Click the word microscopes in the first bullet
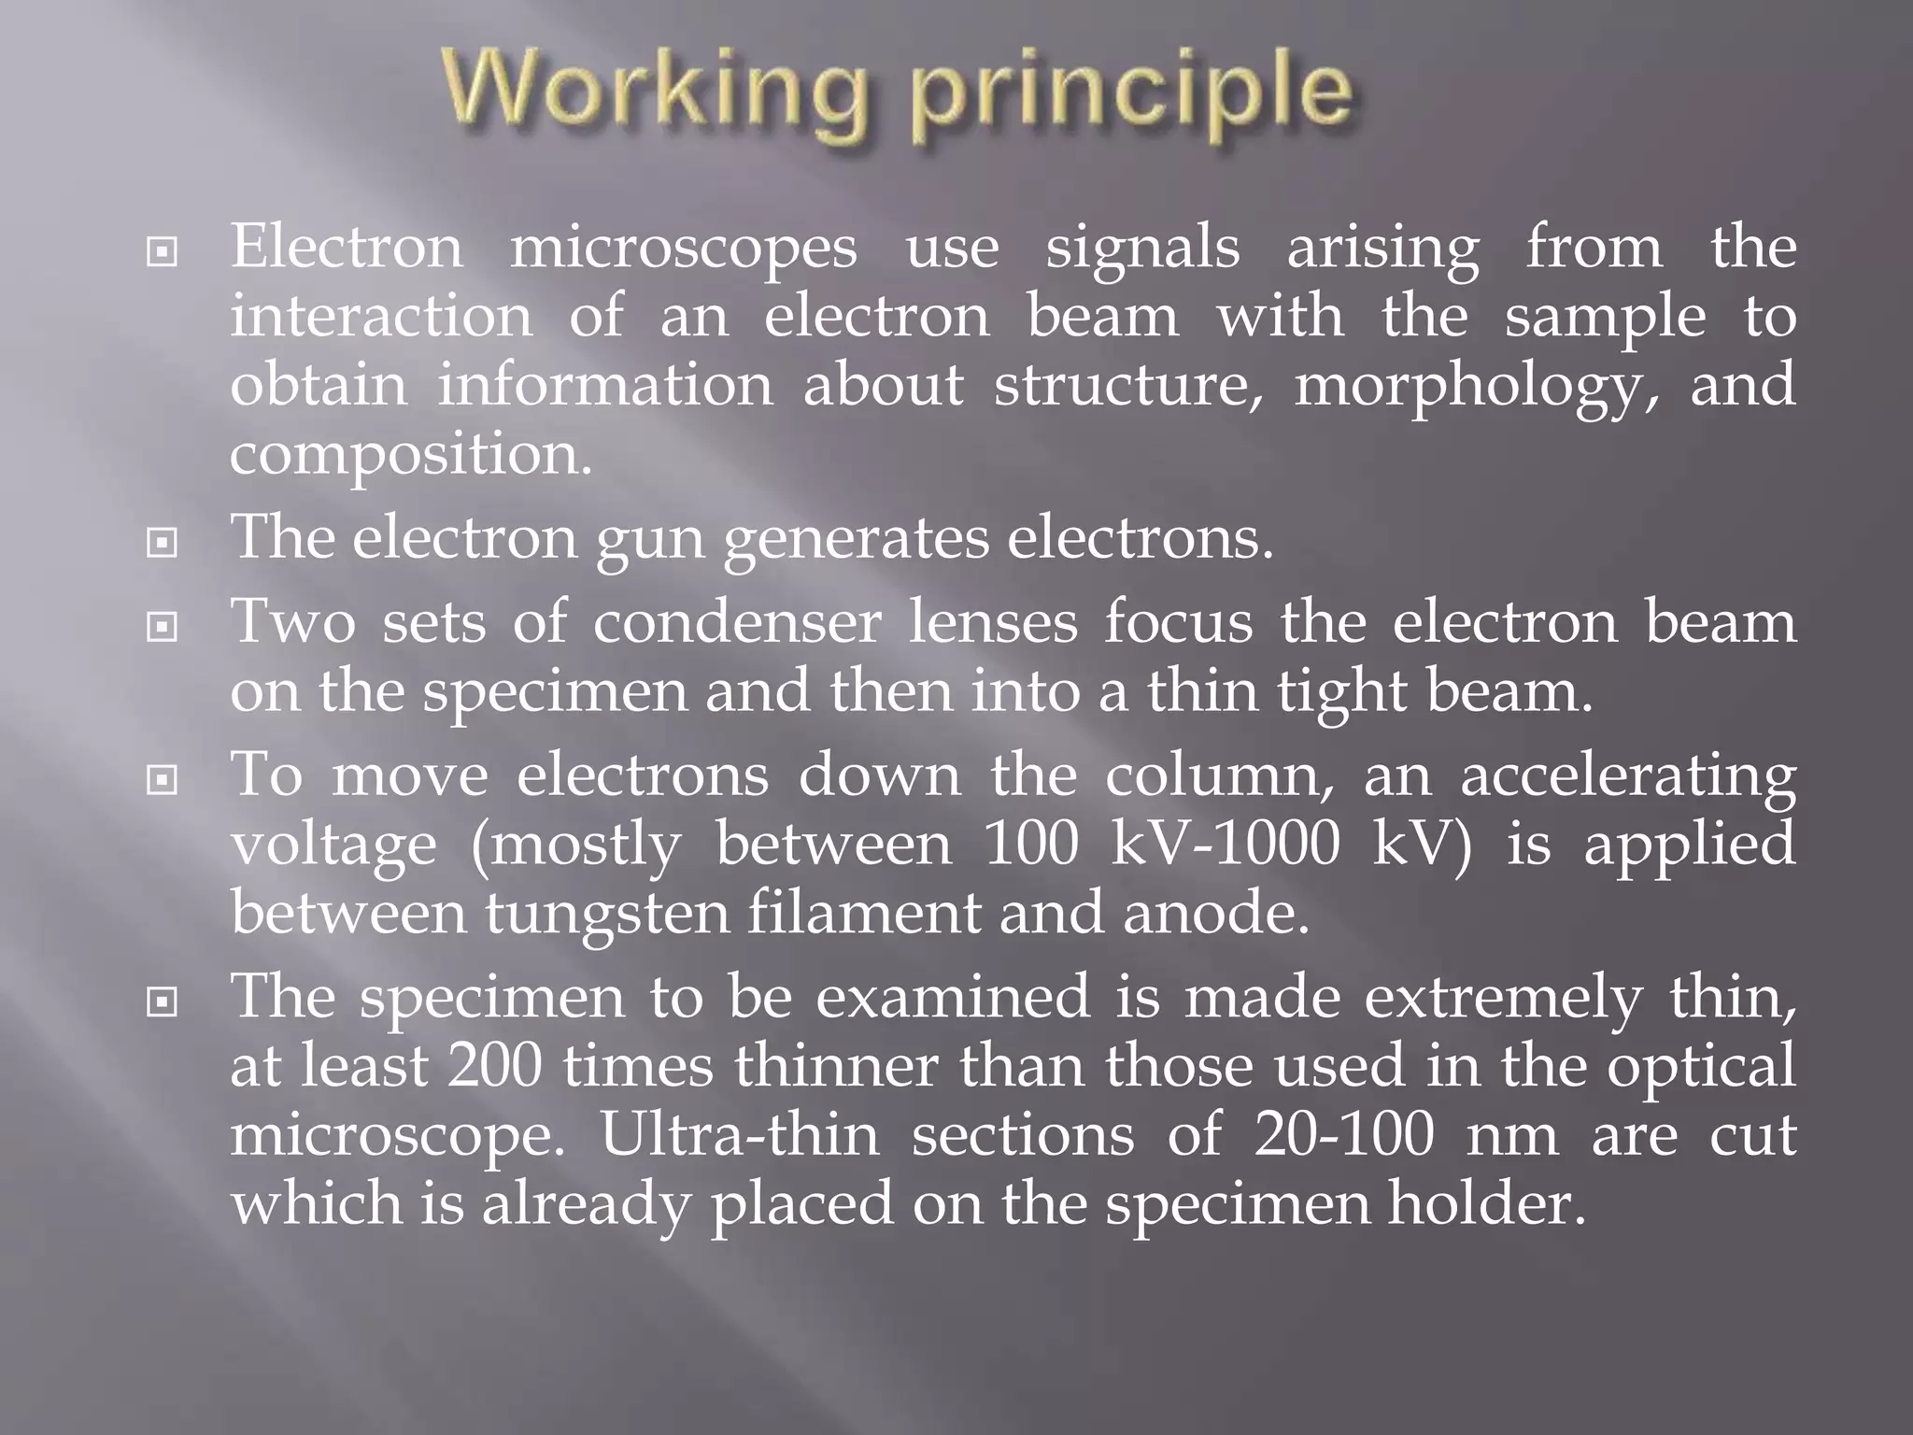683,249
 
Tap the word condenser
737,623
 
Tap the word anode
1216,913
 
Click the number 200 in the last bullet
495,1066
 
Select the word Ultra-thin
739,1135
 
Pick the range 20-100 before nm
1344,1135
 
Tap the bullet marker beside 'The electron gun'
163,542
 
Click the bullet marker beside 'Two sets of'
163,627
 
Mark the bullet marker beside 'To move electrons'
163,779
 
